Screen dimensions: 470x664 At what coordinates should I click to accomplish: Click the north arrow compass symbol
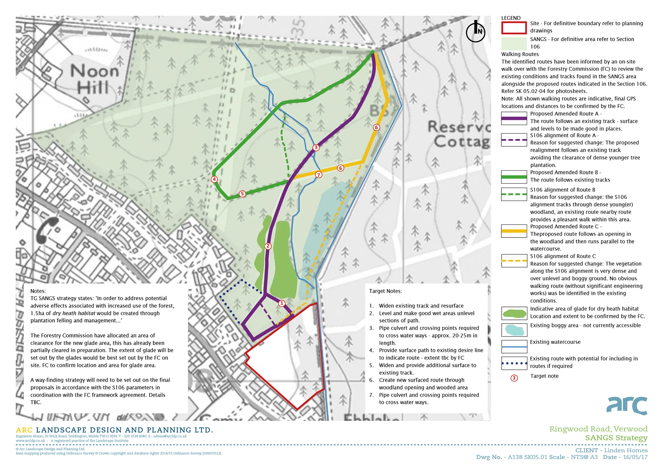(x=475, y=32)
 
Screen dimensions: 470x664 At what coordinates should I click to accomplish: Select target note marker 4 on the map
(x=214, y=179)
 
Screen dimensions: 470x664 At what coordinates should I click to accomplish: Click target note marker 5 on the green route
(x=242, y=194)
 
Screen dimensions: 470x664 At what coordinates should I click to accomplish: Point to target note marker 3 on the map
(x=316, y=147)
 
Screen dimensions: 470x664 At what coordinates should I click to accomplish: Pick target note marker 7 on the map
(x=319, y=175)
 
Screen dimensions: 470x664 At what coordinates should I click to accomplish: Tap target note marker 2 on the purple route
(x=268, y=246)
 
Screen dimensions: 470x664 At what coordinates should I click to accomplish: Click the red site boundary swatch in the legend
(x=514, y=28)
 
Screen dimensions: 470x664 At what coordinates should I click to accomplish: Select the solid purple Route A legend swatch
(x=514, y=118)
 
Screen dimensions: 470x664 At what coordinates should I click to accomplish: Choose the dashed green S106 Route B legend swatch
(x=514, y=194)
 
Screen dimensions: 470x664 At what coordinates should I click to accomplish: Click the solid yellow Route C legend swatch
(x=514, y=231)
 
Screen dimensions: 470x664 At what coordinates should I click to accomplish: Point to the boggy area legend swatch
(x=514, y=330)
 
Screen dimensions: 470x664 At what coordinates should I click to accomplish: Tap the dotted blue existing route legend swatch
(x=514, y=363)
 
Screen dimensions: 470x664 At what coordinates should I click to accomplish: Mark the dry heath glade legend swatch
(x=514, y=313)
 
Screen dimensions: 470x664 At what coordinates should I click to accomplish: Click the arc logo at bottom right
(x=627, y=406)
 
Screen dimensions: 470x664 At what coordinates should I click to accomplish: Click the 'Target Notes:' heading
(x=385, y=291)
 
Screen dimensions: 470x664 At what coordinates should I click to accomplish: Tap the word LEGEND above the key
(x=511, y=18)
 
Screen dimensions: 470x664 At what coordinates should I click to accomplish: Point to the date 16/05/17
(x=635, y=457)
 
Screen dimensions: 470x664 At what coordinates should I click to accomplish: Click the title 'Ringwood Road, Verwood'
(x=598, y=429)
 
